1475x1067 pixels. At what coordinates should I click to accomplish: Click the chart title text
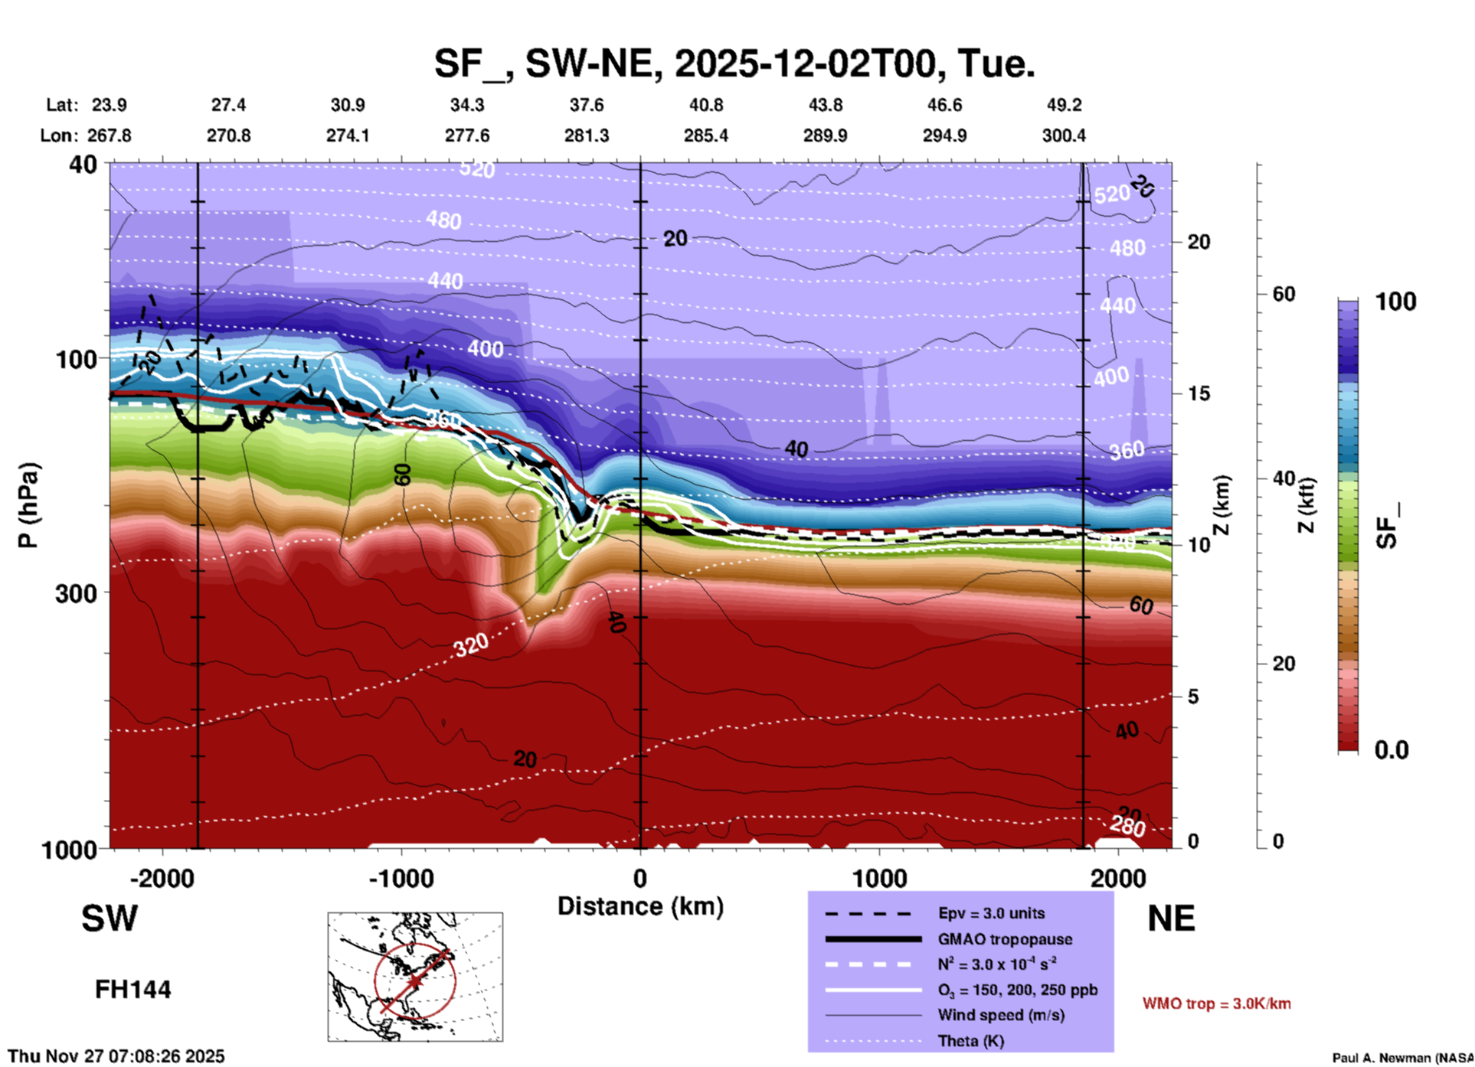734,64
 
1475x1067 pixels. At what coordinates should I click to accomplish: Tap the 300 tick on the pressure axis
77,593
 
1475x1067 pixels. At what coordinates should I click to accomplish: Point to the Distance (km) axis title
640,906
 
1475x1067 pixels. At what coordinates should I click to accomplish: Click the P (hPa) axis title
28,505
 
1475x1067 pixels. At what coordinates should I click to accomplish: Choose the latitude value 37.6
586,105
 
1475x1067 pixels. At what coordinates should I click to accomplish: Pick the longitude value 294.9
944,135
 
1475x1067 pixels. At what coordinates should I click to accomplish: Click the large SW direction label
110,919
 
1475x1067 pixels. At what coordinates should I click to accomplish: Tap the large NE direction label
1171,919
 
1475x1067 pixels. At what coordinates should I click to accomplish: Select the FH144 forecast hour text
132,990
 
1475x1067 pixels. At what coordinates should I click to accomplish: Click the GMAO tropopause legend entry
1005,939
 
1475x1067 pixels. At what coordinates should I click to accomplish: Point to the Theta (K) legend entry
972,1041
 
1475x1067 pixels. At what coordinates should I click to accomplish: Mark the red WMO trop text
1216,1003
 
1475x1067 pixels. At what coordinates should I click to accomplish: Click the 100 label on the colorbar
1395,302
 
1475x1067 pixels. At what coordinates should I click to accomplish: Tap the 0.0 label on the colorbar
1391,750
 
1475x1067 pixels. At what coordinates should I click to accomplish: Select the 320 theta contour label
470,645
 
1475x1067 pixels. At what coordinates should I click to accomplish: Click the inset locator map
415,977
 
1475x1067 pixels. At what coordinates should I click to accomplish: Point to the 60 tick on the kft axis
1284,294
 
